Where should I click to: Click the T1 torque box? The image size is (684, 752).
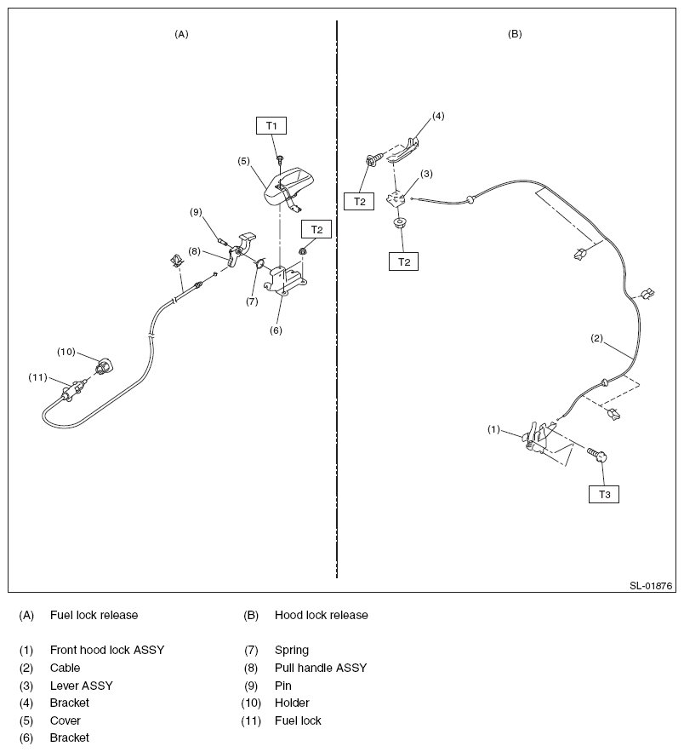click(x=271, y=125)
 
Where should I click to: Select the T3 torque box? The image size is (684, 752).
click(x=604, y=494)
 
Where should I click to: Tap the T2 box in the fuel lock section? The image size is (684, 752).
click(x=316, y=229)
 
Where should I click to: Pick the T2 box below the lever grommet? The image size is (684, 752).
click(x=403, y=261)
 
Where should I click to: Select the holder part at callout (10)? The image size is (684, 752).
click(x=105, y=367)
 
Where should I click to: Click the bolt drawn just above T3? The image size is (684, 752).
click(x=596, y=456)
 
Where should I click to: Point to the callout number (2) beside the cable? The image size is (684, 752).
click(x=597, y=338)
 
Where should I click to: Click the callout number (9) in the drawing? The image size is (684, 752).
click(x=196, y=211)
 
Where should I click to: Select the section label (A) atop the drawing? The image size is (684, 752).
click(x=181, y=34)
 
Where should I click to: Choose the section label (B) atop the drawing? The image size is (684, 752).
click(x=515, y=34)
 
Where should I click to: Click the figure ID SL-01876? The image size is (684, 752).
click(x=651, y=586)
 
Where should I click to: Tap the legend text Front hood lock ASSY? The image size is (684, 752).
click(x=107, y=650)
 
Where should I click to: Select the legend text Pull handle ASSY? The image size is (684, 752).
click(x=321, y=668)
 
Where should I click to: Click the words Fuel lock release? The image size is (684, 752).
click(x=94, y=615)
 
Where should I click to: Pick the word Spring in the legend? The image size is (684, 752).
click(x=292, y=650)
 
